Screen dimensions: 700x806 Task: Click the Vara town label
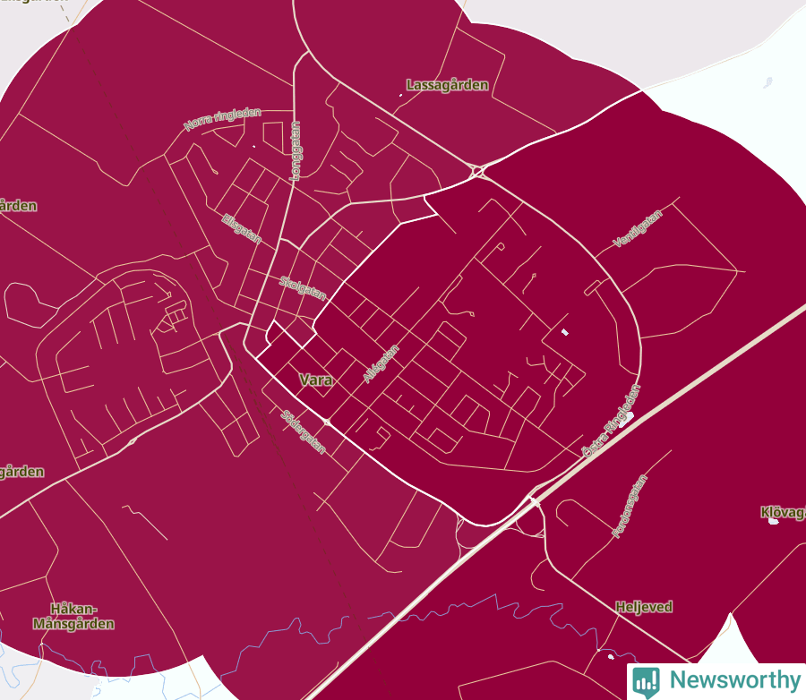(315, 380)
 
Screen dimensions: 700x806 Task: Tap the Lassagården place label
(447, 85)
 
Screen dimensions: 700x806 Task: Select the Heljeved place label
(643, 607)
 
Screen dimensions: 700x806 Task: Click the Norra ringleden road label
(222, 119)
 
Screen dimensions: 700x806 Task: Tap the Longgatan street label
(295, 151)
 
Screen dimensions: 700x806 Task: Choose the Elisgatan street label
(241, 227)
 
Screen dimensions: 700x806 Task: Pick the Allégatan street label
(381, 364)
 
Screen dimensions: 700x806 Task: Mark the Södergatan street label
(303, 431)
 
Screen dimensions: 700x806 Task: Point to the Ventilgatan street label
(638, 228)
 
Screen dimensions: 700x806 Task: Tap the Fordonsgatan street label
(629, 506)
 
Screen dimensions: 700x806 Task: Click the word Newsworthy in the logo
(734, 680)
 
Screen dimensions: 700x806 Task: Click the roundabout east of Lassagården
(477, 170)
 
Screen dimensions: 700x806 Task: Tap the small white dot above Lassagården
(400, 96)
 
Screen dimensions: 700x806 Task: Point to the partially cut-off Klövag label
(782, 513)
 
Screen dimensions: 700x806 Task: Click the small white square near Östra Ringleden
(564, 332)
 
